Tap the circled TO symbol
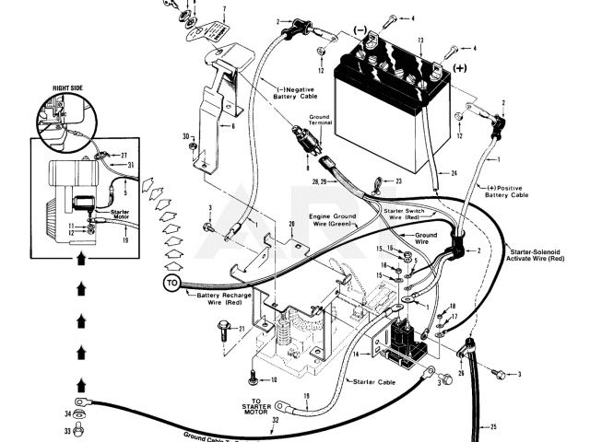tap(172, 283)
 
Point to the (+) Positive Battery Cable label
tap(508, 192)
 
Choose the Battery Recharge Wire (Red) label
tap(219, 298)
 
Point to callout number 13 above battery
tap(419, 41)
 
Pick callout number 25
tap(493, 427)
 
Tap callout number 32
tap(275, 420)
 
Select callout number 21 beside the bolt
tap(241, 329)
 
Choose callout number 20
tap(291, 224)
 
